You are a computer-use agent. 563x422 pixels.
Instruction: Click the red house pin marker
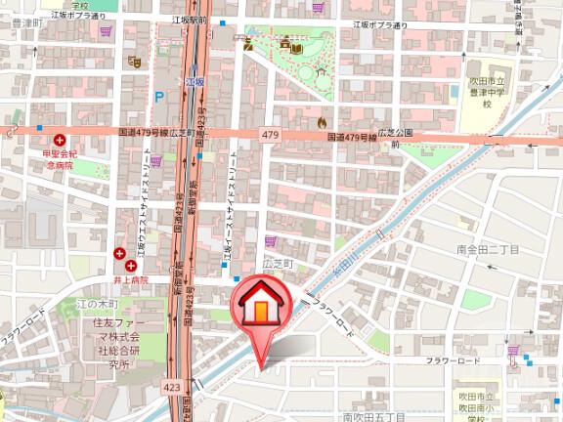260,310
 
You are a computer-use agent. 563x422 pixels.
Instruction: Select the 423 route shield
172,388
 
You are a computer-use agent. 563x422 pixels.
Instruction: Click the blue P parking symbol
158,96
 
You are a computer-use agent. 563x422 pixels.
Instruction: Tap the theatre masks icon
135,62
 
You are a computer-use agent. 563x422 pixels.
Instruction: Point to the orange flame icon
322,122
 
